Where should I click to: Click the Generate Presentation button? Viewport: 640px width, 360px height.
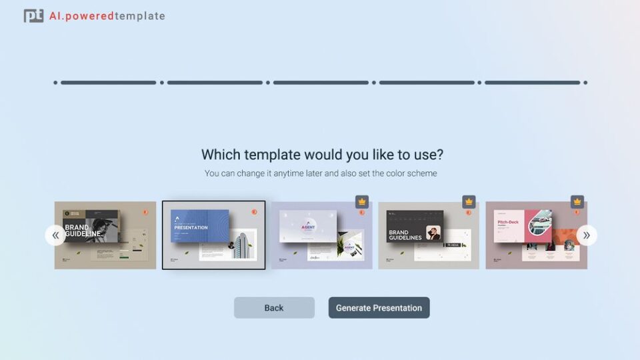click(379, 308)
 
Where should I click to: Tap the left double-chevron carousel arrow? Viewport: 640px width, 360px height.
click(55, 235)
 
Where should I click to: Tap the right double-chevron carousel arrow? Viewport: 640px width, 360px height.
click(587, 235)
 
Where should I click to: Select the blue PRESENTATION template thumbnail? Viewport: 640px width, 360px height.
click(213, 235)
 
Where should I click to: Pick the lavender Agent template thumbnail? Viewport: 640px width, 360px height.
click(321, 235)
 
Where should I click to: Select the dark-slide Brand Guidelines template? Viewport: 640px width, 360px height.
click(428, 235)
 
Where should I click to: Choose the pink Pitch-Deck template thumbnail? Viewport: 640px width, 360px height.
click(536, 235)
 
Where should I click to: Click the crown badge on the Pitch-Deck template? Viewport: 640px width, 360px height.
click(577, 201)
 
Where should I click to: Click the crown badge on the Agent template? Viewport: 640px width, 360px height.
click(362, 201)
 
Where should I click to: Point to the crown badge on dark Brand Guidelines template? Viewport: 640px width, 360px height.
click(469, 201)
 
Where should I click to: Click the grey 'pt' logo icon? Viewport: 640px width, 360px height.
click(33, 16)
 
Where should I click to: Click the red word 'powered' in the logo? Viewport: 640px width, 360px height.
click(90, 16)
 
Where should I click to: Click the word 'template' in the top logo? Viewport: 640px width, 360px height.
click(139, 16)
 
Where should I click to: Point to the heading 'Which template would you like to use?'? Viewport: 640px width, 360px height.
click(322, 155)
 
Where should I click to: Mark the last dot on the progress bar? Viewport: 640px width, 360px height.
click(585, 83)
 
